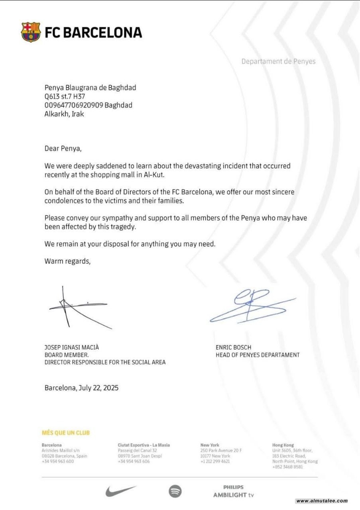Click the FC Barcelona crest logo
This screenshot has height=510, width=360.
click(x=31, y=32)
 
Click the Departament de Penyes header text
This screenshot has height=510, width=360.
click(x=278, y=61)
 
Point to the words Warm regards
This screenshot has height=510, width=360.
click(x=67, y=261)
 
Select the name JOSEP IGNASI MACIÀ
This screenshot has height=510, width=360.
click(x=72, y=347)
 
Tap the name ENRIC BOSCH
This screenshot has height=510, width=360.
click(x=234, y=347)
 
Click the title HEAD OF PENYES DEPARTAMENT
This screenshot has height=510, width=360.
click(x=258, y=355)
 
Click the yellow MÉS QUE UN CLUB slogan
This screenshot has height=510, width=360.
click(x=66, y=433)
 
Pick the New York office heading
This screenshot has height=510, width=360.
click(x=210, y=445)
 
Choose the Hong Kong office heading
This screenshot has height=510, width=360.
click(x=283, y=445)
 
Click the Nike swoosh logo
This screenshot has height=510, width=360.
click(x=121, y=491)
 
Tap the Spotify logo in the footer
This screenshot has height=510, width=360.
click(x=175, y=491)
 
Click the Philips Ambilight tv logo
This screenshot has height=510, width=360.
click(x=234, y=491)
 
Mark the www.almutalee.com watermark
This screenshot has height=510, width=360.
click(x=322, y=501)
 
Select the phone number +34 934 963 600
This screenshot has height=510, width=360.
click(x=57, y=461)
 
